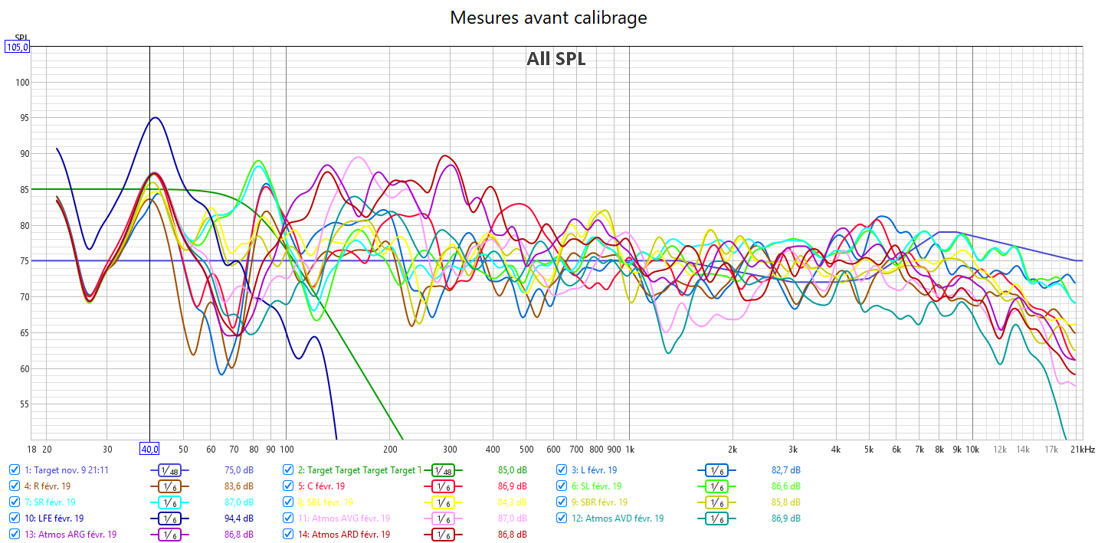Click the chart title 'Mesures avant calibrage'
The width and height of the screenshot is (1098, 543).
click(548, 17)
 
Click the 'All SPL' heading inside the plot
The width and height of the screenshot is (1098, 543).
click(556, 59)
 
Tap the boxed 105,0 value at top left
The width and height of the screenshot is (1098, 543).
click(17, 47)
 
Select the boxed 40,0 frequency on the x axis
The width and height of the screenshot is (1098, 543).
click(149, 449)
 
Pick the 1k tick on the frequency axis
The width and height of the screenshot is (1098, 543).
click(629, 449)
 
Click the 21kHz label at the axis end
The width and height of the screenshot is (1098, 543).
click(1083, 449)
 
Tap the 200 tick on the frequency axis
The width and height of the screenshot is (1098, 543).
click(390, 449)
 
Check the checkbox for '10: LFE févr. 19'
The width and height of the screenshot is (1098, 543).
click(15, 518)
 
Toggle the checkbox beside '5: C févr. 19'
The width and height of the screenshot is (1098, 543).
click(288, 486)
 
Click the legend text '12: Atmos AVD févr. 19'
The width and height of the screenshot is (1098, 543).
click(624, 518)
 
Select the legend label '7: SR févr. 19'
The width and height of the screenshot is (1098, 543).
click(51, 502)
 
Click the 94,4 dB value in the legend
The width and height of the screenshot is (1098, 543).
click(238, 518)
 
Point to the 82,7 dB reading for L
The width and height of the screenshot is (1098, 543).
click(785, 470)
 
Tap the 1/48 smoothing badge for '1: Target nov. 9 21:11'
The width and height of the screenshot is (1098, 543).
click(169, 470)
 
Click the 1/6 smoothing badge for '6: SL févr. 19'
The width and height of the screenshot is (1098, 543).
click(716, 486)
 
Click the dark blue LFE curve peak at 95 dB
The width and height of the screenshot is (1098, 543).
click(156, 118)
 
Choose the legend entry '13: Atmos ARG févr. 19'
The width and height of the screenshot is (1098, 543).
click(70, 535)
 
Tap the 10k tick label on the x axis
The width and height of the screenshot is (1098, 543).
click(972, 449)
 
